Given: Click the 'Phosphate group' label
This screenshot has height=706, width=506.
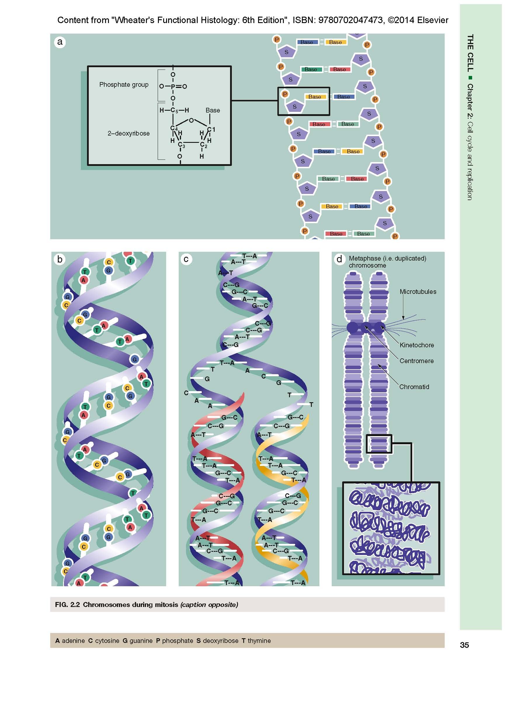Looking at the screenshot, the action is (124, 85).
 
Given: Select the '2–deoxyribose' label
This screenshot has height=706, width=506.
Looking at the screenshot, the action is (128, 133).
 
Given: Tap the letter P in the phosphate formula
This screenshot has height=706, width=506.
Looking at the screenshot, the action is (173, 86).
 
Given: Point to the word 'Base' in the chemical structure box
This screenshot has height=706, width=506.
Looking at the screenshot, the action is (213, 110).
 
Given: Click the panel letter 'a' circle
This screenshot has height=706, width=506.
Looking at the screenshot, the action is (60, 42).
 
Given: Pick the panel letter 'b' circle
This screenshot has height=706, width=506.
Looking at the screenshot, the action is (60, 259).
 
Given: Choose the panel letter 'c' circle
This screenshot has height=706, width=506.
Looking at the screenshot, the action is (186, 259).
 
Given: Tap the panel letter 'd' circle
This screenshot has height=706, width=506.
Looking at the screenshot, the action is (339, 259).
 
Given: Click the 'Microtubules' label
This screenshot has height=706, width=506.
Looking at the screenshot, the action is (418, 292).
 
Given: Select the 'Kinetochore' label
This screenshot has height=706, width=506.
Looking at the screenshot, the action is (416, 345).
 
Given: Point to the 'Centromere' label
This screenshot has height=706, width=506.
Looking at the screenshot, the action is (416, 361).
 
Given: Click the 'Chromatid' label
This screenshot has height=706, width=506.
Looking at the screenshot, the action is (414, 387).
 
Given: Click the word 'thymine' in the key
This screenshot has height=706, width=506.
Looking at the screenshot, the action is (259, 641).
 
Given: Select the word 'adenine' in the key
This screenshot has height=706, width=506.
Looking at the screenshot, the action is (73, 641).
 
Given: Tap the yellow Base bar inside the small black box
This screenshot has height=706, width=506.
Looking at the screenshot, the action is (315, 97).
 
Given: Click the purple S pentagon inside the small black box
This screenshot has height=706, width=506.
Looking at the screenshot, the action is (294, 106).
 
